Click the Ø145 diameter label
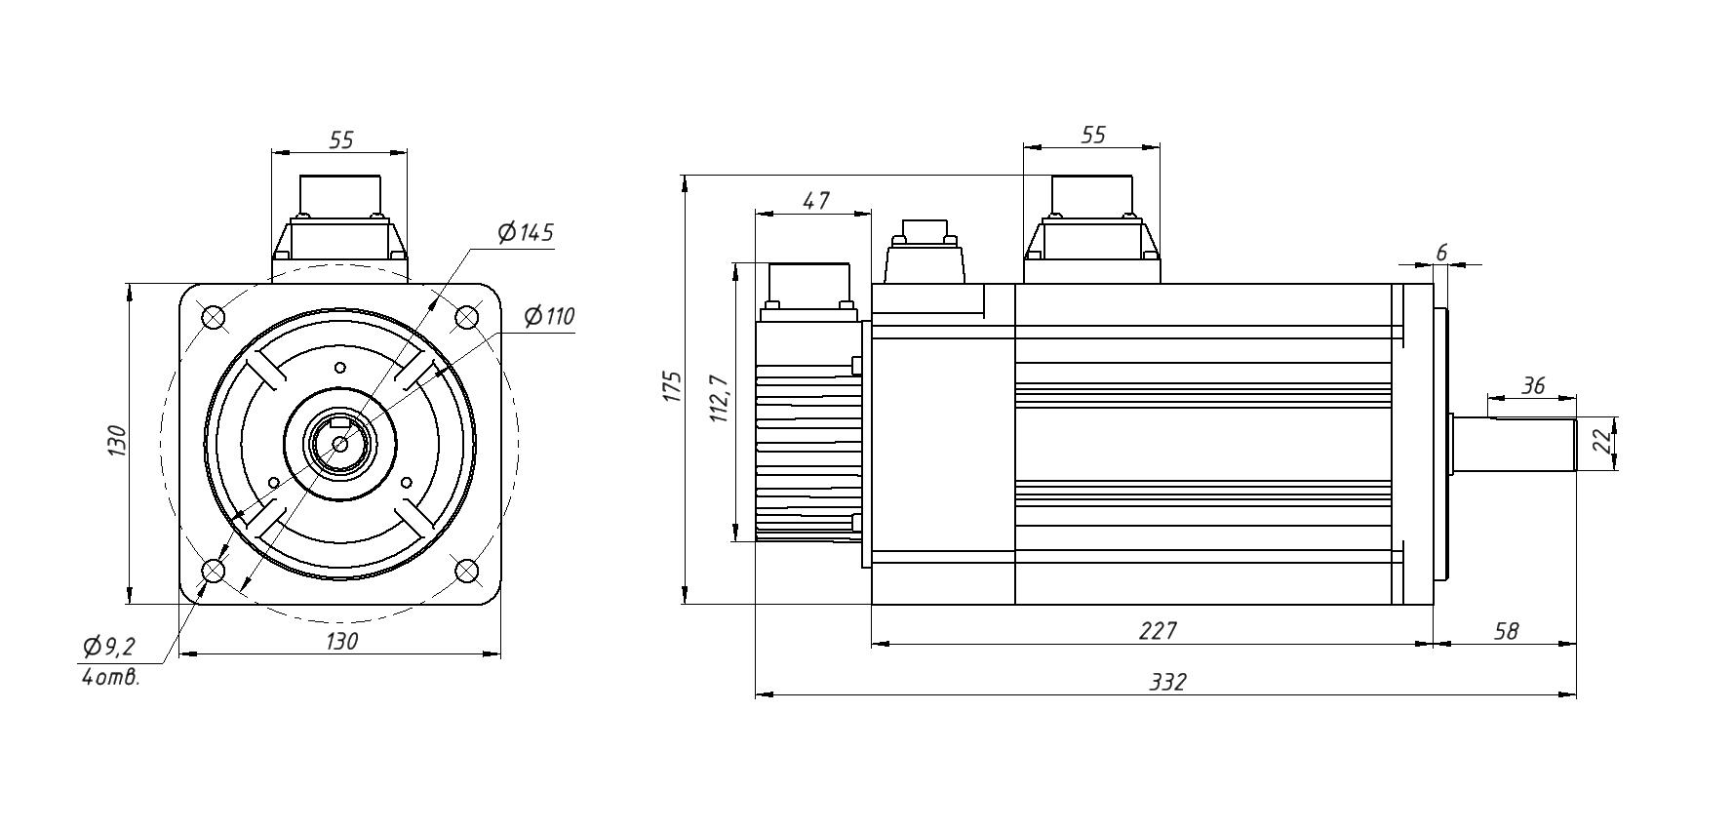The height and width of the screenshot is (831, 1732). point(526,233)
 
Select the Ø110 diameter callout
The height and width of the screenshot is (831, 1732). point(549,317)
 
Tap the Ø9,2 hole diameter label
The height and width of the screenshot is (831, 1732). point(109,647)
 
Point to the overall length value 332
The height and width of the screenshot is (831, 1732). point(1166,682)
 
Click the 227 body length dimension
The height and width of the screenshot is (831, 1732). point(1158,631)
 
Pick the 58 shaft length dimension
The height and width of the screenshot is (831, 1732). point(1506,631)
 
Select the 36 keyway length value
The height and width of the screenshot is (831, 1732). point(1533,386)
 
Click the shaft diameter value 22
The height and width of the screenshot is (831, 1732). point(1601,443)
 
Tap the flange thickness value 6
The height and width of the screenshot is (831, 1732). point(1441,254)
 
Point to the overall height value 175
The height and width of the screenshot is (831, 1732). point(671,386)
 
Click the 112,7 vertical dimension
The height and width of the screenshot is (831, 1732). point(719,398)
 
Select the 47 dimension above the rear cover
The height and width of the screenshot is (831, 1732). point(815,201)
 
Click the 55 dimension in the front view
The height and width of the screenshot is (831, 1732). point(340,140)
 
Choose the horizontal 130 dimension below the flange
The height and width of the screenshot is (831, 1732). point(341,641)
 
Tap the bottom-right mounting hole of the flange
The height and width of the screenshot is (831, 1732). point(467,570)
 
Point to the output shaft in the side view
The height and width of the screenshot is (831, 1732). point(1514,444)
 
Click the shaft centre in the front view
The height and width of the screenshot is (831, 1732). point(340,444)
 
